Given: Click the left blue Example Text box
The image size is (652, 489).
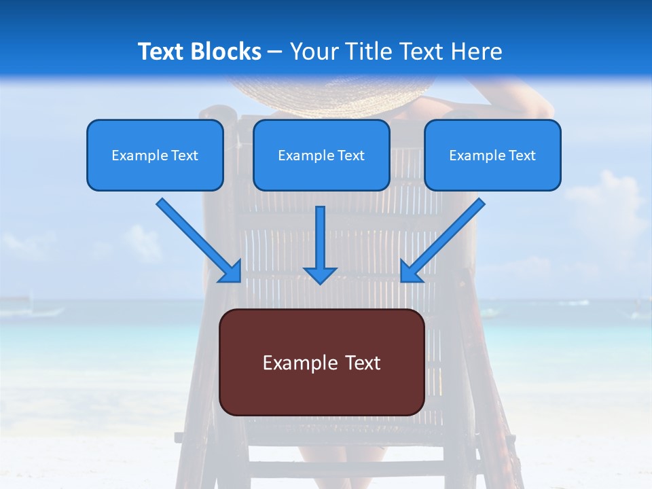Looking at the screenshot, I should (x=155, y=155).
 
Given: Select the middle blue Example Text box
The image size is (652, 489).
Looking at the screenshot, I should (x=321, y=155).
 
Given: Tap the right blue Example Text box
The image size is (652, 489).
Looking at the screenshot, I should (x=492, y=155).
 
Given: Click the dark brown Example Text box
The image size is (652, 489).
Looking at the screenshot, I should (x=321, y=362).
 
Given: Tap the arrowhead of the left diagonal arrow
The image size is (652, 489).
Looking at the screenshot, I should (x=231, y=271).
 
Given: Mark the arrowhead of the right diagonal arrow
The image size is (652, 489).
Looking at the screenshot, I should (x=411, y=271).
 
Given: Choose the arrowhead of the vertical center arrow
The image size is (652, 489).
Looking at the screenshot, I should (x=320, y=274).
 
